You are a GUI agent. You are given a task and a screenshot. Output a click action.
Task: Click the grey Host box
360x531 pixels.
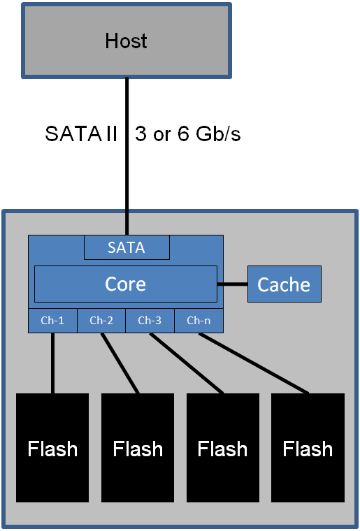[126, 41]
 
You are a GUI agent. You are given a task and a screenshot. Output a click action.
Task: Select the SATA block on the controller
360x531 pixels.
[127, 247]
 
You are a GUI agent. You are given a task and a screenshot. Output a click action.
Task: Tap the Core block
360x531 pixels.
[126, 284]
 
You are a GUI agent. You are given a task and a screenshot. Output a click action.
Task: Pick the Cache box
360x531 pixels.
[284, 284]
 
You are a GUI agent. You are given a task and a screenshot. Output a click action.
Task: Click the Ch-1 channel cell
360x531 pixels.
[52, 321]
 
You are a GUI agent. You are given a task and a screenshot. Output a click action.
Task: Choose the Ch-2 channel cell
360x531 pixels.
[101, 321]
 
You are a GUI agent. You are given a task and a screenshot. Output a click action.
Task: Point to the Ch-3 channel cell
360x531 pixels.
[150, 321]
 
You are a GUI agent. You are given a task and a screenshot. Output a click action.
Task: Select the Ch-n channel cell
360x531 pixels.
[199, 321]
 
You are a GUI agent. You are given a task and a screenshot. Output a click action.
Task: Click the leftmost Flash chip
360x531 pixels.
[52, 448]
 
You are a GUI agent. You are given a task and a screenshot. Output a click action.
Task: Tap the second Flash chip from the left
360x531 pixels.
[138, 448]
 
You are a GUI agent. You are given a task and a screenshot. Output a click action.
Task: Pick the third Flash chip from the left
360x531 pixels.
[222, 448]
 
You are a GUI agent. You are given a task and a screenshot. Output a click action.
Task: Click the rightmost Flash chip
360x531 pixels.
[308, 448]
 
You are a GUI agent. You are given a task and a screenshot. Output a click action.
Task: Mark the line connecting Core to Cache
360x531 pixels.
[232, 284]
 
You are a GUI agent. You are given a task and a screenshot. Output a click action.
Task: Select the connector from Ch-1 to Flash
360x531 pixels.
[52, 363]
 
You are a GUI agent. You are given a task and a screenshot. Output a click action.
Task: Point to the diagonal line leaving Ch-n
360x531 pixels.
[254, 363]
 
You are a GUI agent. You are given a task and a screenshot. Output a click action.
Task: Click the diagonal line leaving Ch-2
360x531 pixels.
[120, 363]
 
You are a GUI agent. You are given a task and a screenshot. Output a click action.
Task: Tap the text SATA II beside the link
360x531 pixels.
[81, 134]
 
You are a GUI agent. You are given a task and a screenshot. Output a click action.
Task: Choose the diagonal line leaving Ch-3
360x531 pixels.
[187, 363]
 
